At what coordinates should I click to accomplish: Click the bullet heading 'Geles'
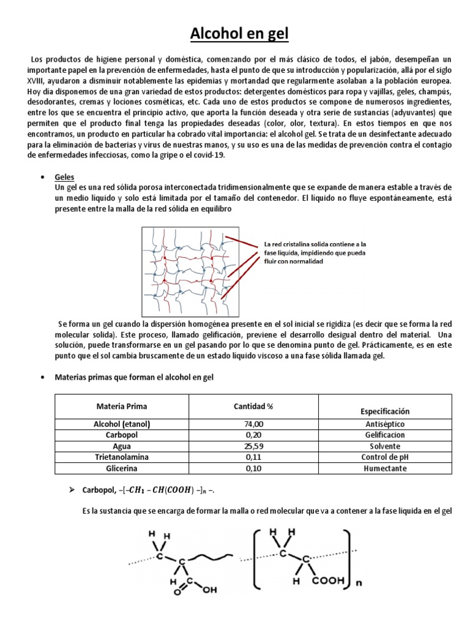pyautogui.click(x=65, y=176)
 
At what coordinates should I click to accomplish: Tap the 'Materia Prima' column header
pyautogui.click(x=122, y=407)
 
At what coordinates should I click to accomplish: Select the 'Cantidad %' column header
pyautogui.click(x=253, y=407)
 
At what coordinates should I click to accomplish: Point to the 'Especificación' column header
pyautogui.click(x=384, y=411)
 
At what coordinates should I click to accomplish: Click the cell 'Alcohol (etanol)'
pyautogui.click(x=122, y=424)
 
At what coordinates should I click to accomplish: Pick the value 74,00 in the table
pyautogui.click(x=253, y=424)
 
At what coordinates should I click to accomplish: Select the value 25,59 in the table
pyautogui.click(x=253, y=446)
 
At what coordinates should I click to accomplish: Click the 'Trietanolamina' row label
pyautogui.click(x=122, y=457)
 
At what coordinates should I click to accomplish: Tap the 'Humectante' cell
pyautogui.click(x=384, y=468)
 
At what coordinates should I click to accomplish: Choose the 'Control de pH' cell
pyautogui.click(x=384, y=457)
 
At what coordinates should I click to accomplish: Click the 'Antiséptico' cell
pyautogui.click(x=384, y=424)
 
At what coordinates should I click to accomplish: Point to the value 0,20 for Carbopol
pyautogui.click(x=253, y=435)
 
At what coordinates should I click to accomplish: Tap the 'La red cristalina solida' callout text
pyautogui.click(x=315, y=252)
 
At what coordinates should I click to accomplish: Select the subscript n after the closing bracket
pyautogui.click(x=359, y=583)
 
